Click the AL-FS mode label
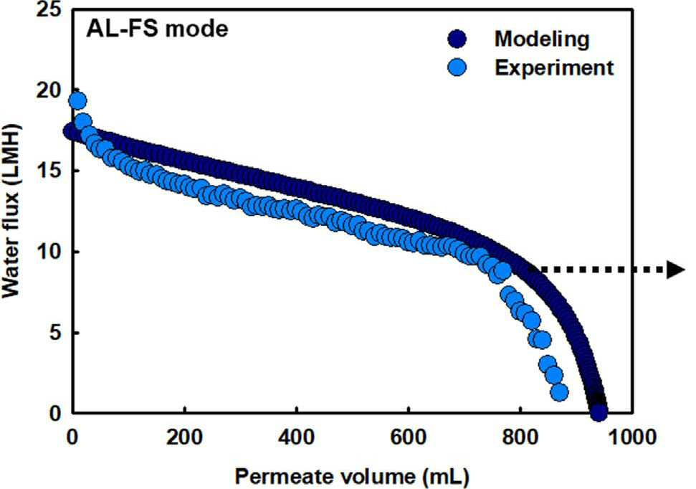tap(157, 29)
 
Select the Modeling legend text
tap(542, 39)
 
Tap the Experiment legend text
tap(554, 68)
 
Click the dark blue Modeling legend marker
tap(457, 39)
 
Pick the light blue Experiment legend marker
tap(457, 67)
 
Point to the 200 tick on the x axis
tap(184, 437)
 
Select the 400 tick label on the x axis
tap(296, 437)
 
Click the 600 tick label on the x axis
tap(408, 437)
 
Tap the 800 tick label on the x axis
tap(520, 437)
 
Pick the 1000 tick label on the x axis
tap(631, 437)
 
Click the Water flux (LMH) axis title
tap(11, 212)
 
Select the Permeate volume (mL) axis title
tap(352, 477)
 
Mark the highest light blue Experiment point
tap(77, 101)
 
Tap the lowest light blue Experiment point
tap(561, 392)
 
